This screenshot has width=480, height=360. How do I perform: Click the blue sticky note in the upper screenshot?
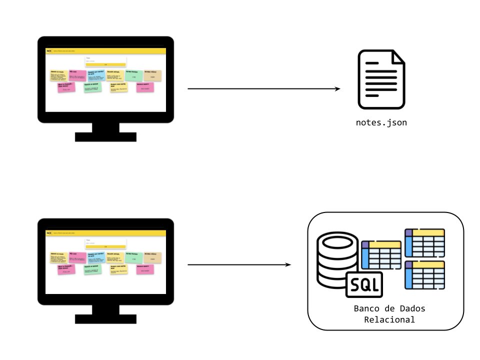tap(96, 75)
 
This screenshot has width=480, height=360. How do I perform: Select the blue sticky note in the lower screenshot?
tap(96, 257)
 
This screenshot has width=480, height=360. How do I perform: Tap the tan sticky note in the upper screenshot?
tap(152, 75)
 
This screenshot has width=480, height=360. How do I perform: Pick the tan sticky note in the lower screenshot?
tap(152, 257)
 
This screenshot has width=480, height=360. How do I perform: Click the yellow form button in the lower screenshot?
tap(105, 246)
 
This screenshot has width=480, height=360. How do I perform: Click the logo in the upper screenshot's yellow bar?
tap(49, 50)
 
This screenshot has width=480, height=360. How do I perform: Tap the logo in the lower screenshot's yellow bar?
tap(49, 232)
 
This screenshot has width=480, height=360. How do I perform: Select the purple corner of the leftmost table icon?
tap(365, 245)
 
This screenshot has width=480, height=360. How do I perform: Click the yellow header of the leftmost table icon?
tap(384, 245)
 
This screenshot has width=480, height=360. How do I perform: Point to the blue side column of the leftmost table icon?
tap(365, 258)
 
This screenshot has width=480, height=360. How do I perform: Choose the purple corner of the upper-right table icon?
tap(408, 233)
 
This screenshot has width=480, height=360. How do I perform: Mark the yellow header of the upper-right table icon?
tap(428, 233)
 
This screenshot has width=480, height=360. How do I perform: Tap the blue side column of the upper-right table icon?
tap(408, 246)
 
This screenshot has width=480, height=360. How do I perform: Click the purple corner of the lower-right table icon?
tap(408, 265)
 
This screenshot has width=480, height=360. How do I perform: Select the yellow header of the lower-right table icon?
tap(428, 265)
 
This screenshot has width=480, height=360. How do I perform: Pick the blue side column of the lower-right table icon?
tap(408, 278)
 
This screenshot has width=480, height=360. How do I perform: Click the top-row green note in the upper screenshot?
tap(133, 75)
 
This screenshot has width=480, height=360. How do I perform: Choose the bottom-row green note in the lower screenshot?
tap(92, 269)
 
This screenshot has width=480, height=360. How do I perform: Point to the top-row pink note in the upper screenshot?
tap(77, 75)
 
